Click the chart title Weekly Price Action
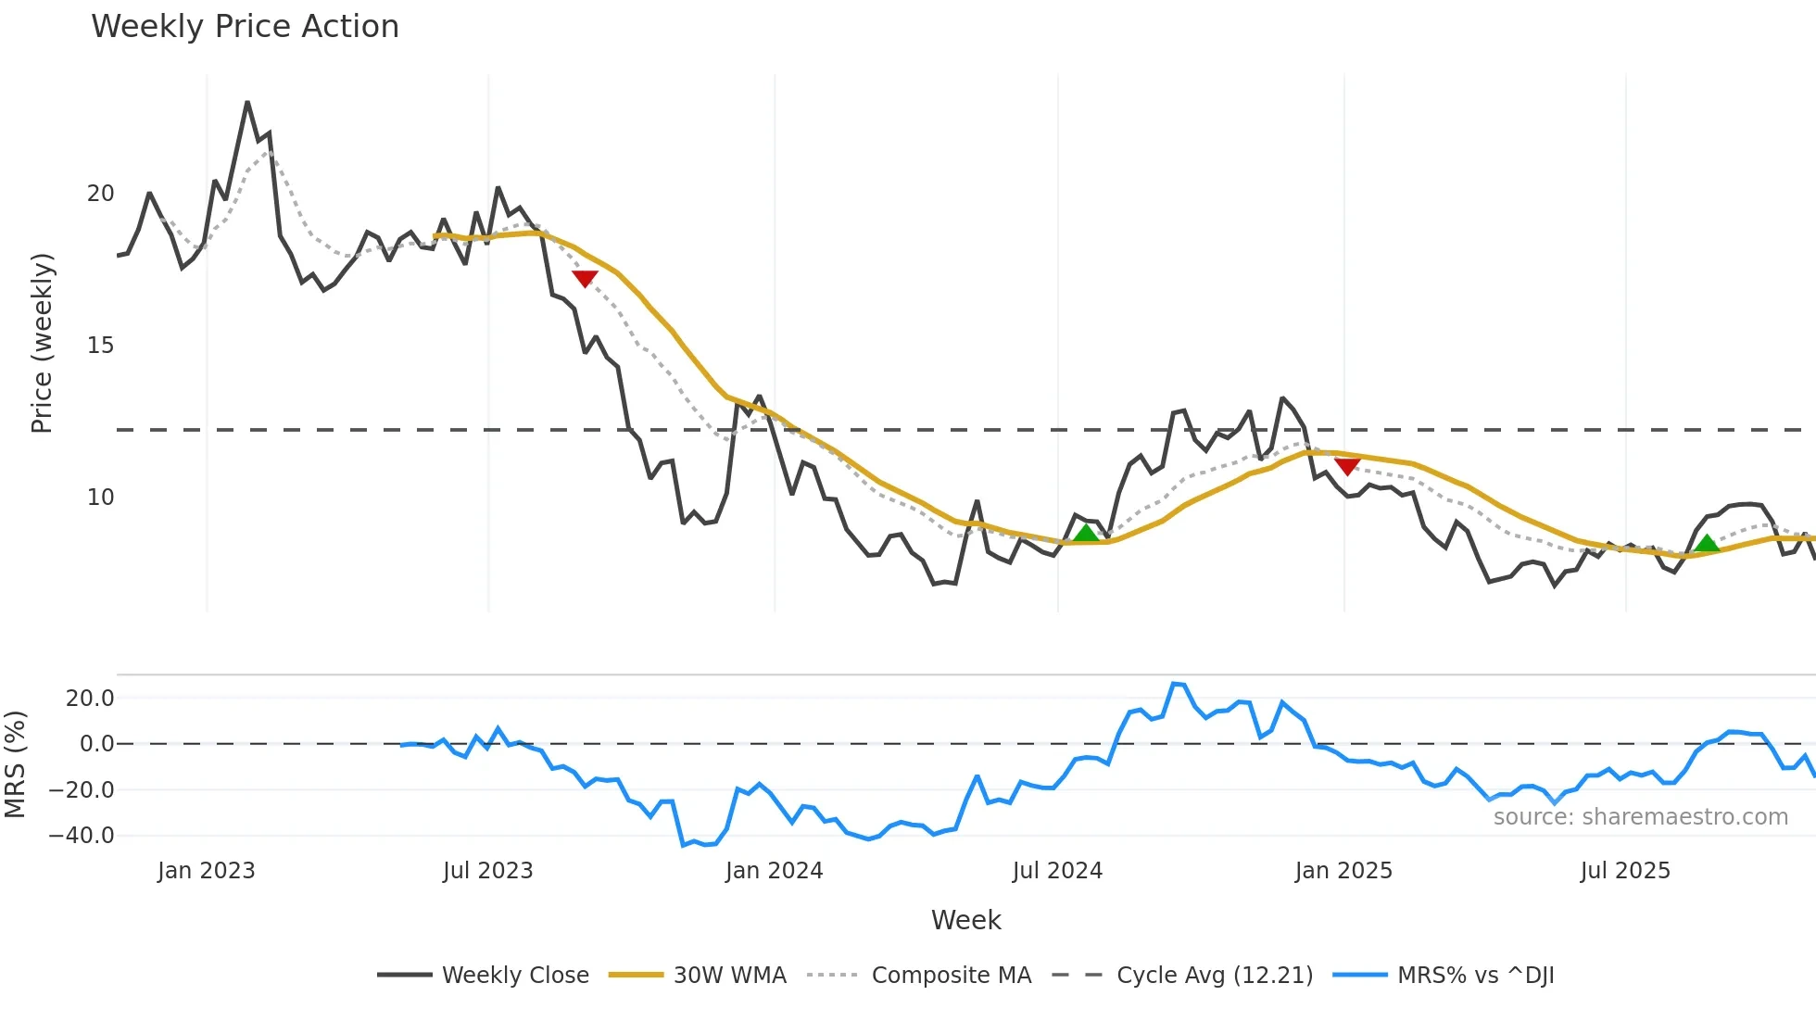(x=245, y=27)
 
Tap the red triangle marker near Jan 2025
(x=1347, y=466)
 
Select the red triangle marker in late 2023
(x=585, y=278)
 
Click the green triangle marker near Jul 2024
(x=1086, y=533)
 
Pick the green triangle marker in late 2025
(x=1707, y=543)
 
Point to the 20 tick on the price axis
(x=100, y=194)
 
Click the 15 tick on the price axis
(x=100, y=346)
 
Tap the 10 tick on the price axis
(x=100, y=498)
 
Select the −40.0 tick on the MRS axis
(x=82, y=836)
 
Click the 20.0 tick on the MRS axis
(x=89, y=699)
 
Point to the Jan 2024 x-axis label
(x=774, y=871)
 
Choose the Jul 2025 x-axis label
(x=1625, y=871)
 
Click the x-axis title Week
(x=965, y=920)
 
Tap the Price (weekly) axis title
(x=42, y=343)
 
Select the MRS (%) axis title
(x=15, y=764)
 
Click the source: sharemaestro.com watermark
(x=1640, y=817)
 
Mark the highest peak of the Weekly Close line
(x=247, y=103)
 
